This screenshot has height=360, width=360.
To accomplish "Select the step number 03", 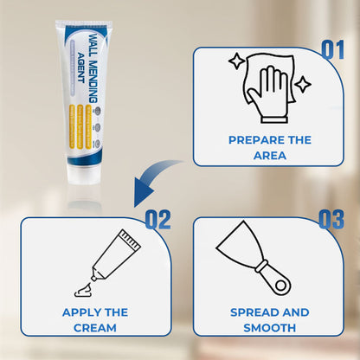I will pyautogui.click(x=331, y=220).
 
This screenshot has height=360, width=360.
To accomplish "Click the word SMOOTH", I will pyautogui.click(x=269, y=328).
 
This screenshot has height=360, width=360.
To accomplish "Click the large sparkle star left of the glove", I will pyautogui.click(x=235, y=61).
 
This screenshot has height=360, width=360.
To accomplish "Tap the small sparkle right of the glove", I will pyautogui.click(x=302, y=86).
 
